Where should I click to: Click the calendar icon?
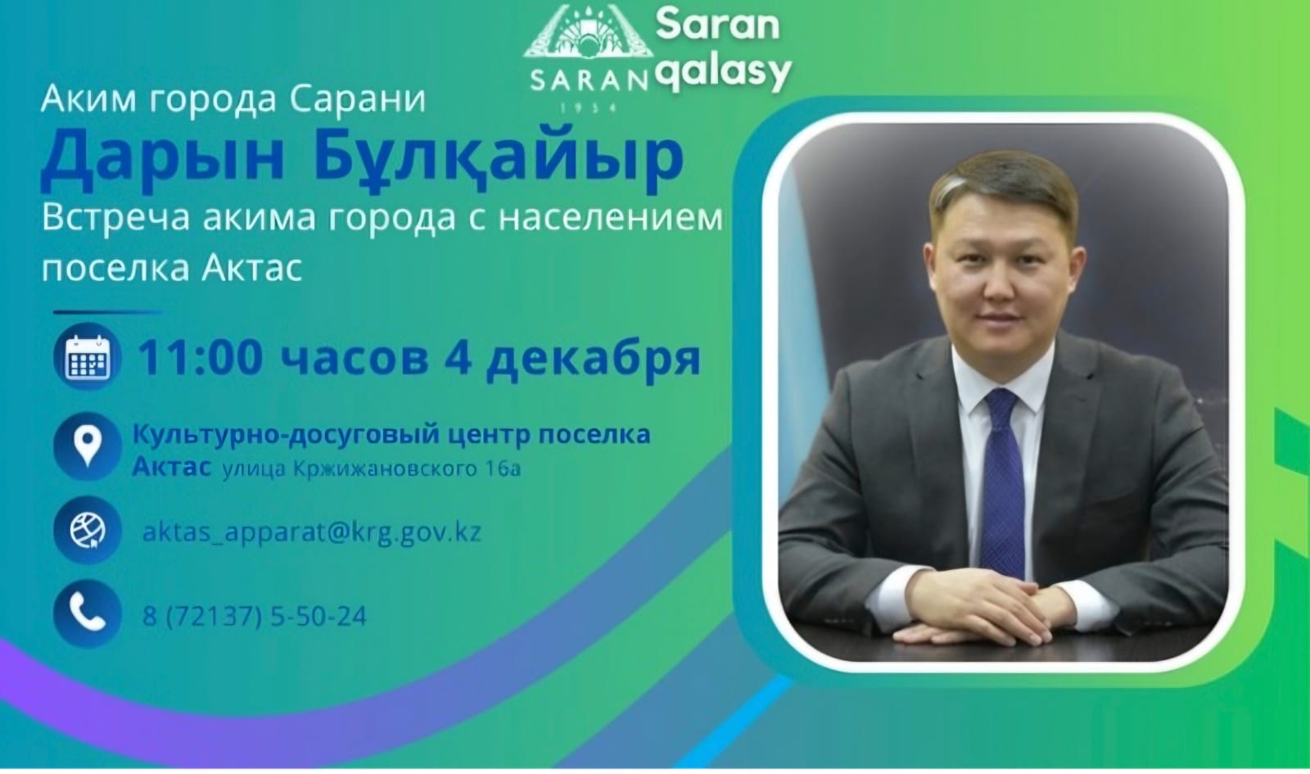coord(88,357)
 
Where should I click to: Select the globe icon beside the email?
coord(87,531)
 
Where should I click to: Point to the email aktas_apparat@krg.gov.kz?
coord(311,532)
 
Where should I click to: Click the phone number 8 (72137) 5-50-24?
coord(255,616)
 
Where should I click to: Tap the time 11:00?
coord(200,357)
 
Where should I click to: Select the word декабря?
coord(593,359)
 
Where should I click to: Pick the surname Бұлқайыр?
coord(499,157)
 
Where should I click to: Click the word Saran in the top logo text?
coord(717,25)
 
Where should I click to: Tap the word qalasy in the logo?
coord(724,72)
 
